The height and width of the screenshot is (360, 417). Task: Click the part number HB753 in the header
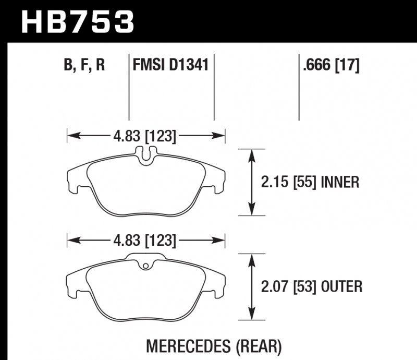77,22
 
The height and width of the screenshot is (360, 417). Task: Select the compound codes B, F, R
85,66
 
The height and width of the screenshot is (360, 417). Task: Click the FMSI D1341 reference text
171,66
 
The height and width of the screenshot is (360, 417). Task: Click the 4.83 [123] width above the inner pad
144,137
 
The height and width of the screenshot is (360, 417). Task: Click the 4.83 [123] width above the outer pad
144,241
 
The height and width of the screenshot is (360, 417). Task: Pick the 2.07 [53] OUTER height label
311,286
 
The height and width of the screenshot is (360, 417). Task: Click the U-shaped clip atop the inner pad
146,154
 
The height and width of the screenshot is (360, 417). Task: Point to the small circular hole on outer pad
146,267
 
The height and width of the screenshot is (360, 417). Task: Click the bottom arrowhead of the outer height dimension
252,315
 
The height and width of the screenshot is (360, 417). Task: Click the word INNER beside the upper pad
340,182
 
